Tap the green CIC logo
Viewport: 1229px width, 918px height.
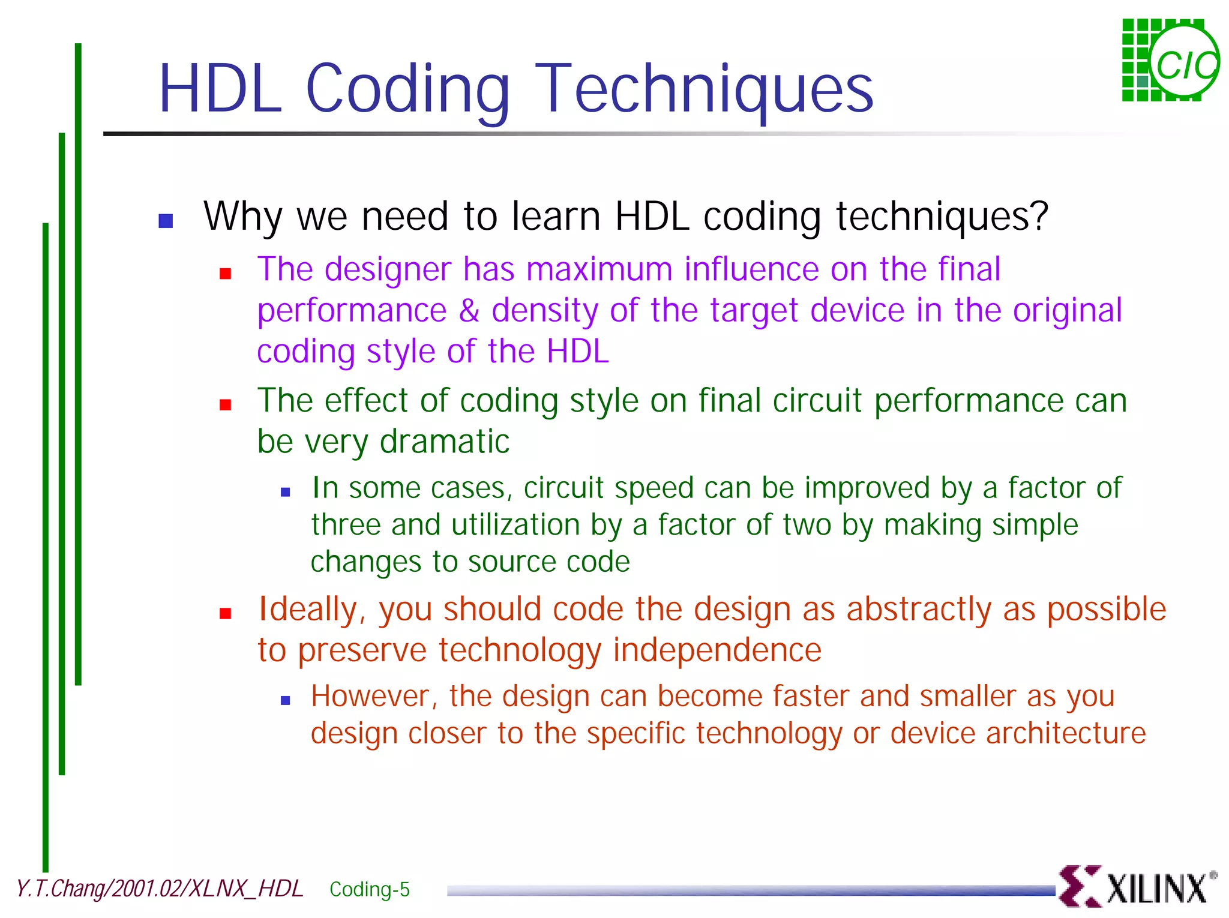coord(1170,61)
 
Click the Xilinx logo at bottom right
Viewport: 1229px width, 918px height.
coord(1137,887)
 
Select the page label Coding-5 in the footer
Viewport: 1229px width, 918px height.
coord(369,889)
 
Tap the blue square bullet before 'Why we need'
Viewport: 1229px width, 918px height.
coord(166,221)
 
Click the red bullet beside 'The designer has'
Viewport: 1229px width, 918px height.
coord(226,274)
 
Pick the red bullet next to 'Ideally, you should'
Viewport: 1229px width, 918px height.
coord(226,613)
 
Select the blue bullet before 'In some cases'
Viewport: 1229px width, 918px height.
coord(286,493)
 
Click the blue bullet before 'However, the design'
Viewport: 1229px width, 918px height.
coord(286,700)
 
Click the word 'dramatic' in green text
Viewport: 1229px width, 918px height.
coord(444,442)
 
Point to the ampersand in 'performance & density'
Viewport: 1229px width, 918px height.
coord(469,310)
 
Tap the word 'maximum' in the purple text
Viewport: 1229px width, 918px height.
coord(599,269)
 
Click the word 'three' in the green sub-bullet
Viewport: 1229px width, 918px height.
coord(346,525)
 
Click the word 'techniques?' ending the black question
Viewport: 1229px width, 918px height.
coord(942,216)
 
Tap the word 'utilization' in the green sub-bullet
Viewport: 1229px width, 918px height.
coord(515,525)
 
